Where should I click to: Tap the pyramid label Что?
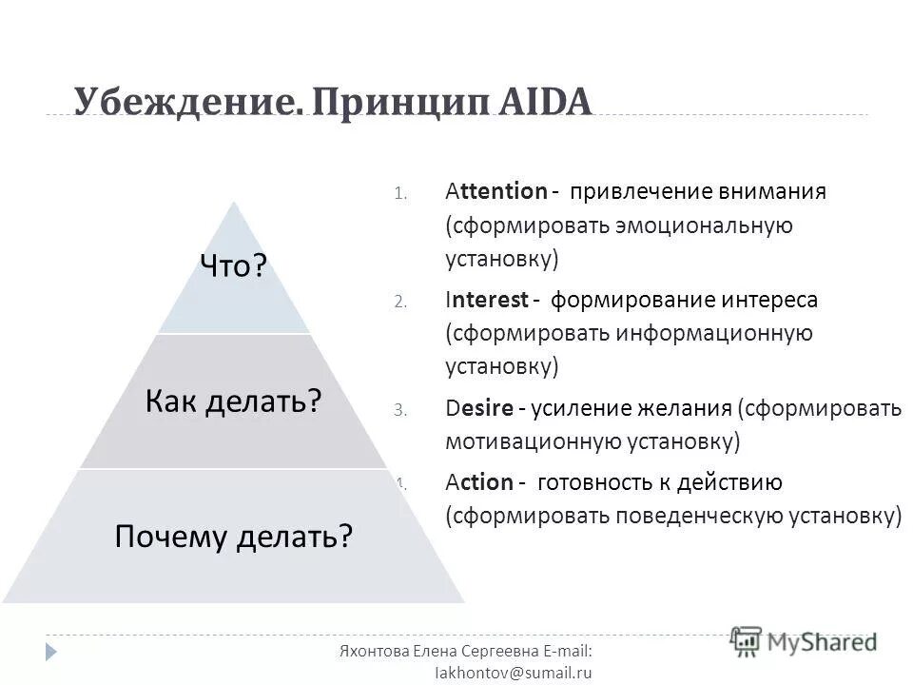[232, 266]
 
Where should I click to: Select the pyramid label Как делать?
[233, 401]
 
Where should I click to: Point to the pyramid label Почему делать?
[233, 537]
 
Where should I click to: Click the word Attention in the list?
[495, 191]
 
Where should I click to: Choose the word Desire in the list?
[479, 408]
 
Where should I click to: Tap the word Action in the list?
[478, 482]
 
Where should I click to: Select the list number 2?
[400, 302]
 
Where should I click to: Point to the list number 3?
[400, 410]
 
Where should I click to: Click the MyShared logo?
[804, 641]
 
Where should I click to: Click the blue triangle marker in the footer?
[51, 652]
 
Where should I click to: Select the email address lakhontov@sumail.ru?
[513, 672]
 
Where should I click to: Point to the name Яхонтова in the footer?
[374, 650]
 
